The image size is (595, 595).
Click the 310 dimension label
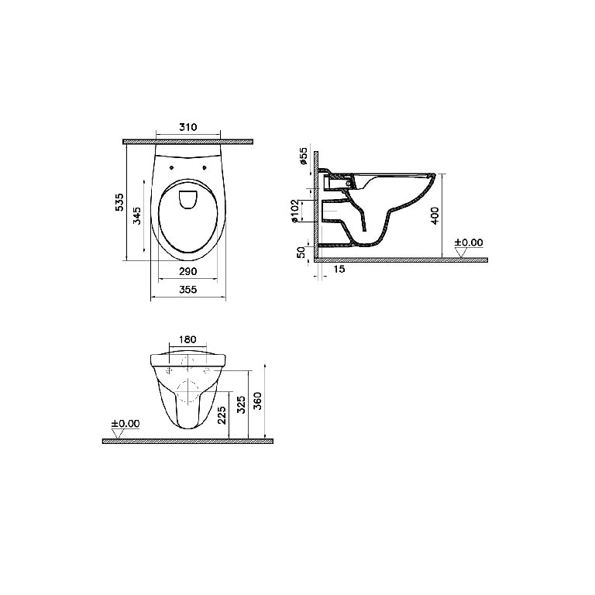[188, 127]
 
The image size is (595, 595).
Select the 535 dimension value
[119, 202]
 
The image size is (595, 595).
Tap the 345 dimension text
[137, 215]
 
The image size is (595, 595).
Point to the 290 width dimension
[188, 271]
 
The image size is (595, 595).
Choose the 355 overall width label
[188, 290]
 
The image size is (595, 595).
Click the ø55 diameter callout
[303, 156]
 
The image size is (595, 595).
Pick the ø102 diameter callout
[296, 211]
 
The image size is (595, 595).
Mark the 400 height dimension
[435, 215]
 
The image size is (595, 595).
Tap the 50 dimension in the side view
[301, 253]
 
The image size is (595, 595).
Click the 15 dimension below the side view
[339, 269]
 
